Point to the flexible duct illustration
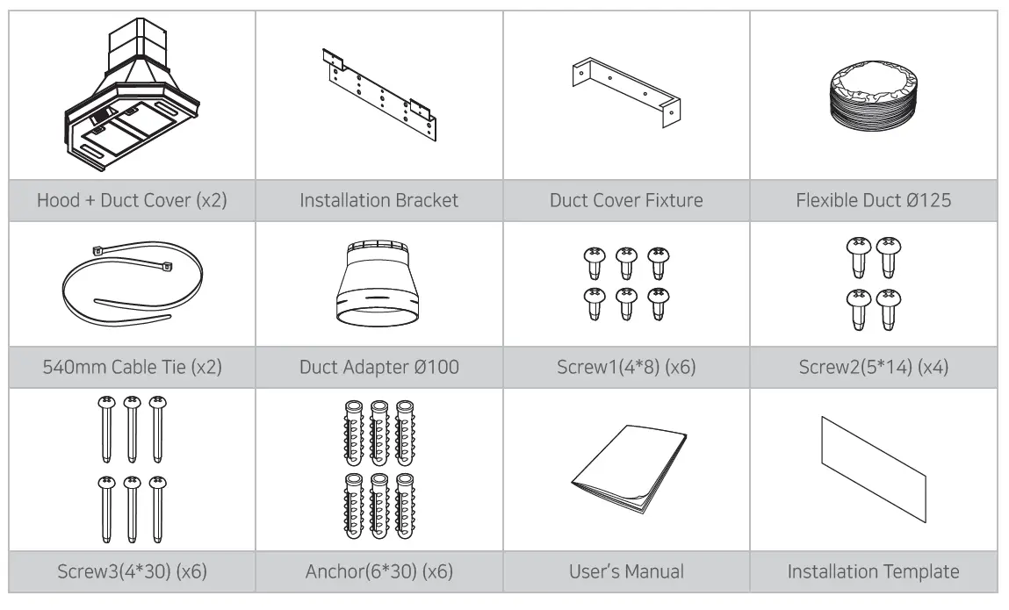[x=873, y=96]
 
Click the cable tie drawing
[x=132, y=283]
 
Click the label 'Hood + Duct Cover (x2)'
[x=132, y=200]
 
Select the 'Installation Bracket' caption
[x=379, y=200]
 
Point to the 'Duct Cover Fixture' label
[x=626, y=200]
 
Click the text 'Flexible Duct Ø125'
[x=873, y=200]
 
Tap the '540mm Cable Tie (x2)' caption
[x=132, y=366]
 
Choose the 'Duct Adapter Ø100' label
[x=379, y=366]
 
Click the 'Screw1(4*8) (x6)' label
[x=626, y=366]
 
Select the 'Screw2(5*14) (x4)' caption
[x=873, y=366]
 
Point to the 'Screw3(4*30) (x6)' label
[x=132, y=572]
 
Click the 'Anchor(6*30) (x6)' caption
[x=379, y=572]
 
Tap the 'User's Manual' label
[x=626, y=572]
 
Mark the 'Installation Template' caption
[x=873, y=572]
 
